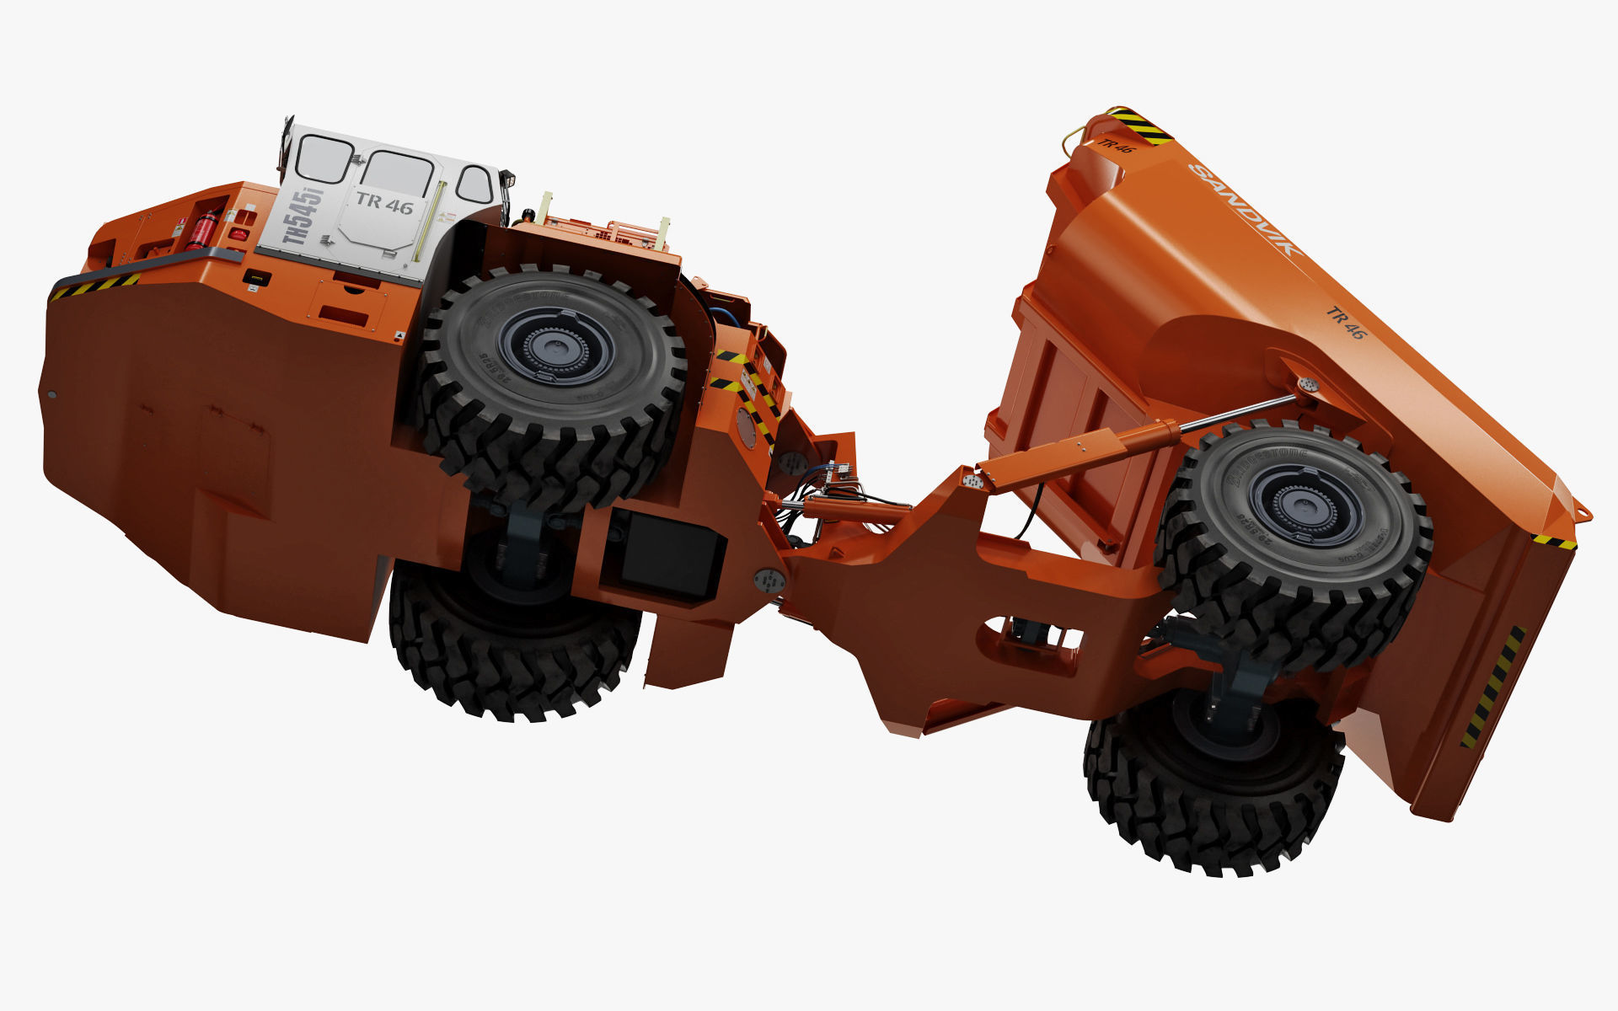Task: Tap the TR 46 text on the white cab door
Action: (384, 201)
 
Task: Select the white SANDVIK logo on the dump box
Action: (1245, 209)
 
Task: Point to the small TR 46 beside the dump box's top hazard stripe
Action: (1116, 146)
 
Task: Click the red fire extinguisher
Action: (201, 230)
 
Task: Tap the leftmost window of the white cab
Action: (324, 159)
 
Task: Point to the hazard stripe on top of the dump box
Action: (1138, 126)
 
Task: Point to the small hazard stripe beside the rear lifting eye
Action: (1553, 542)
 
